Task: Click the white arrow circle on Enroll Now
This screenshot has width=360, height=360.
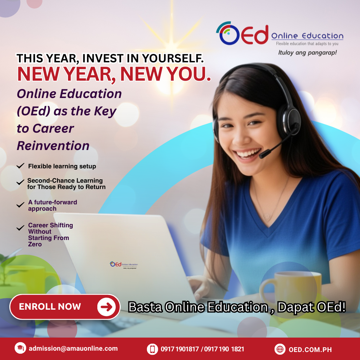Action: pyautogui.click(x=106, y=307)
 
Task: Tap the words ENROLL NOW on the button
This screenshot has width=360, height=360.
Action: pyautogui.click(x=50, y=307)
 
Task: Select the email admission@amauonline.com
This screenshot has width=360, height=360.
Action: pyautogui.click(x=73, y=349)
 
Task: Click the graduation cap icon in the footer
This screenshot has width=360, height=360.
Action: pyautogui.click(x=20, y=349)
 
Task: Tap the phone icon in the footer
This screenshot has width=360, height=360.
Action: pyautogui.click(x=152, y=349)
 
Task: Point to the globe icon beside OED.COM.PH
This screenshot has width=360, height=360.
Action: pyautogui.click(x=280, y=349)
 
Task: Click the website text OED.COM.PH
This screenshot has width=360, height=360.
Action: pyautogui.click(x=310, y=350)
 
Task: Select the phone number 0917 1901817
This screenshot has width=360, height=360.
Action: pyautogui.click(x=179, y=349)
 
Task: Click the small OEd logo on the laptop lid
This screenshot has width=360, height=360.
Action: pyautogui.click(x=123, y=265)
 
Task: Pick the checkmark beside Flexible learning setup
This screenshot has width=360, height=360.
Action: pyautogui.click(x=20, y=166)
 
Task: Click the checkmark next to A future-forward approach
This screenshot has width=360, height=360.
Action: pyautogui.click(x=20, y=205)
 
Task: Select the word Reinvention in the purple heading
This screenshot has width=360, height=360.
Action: pyautogui.click(x=53, y=146)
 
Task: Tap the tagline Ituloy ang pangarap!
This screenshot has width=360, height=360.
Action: pyautogui.click(x=307, y=53)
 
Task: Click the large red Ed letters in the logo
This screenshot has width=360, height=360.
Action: pyautogui.click(x=255, y=34)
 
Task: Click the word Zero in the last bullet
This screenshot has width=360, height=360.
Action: pyautogui.click(x=35, y=244)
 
